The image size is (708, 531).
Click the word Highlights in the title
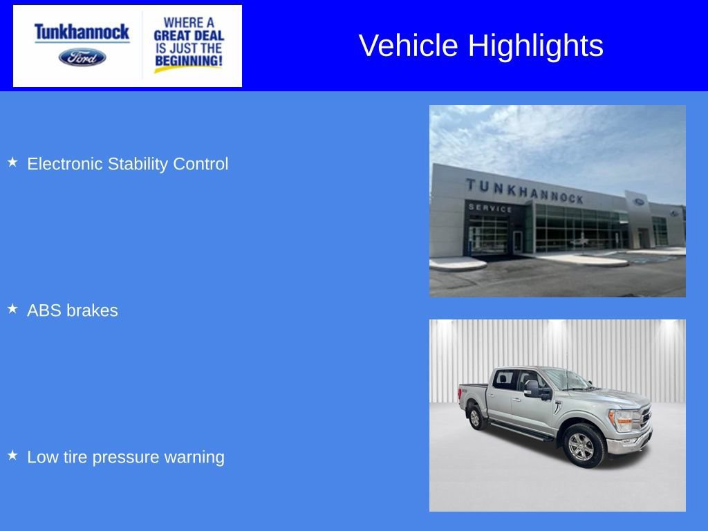coord(535,46)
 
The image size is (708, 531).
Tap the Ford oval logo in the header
coord(82,57)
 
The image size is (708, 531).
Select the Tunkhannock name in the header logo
coord(82,32)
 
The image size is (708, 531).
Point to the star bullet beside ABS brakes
coord(12,309)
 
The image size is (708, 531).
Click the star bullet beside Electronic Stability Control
coord(12,162)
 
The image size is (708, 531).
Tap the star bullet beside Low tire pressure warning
coord(12,456)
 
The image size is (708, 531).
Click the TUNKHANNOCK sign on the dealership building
coord(524,191)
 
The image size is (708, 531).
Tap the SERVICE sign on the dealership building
coord(490,207)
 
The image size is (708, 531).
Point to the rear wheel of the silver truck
coord(474,417)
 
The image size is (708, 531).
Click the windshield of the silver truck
coord(566,380)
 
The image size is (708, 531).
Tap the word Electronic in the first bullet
coord(65,165)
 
